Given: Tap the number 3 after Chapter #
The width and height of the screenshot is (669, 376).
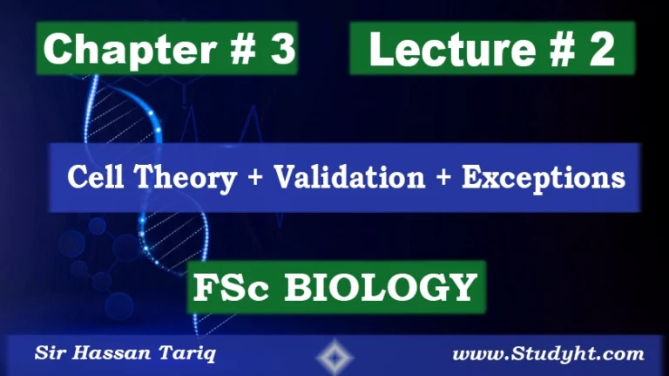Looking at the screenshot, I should (281, 51).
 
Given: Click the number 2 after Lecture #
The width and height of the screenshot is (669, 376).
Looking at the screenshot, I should (600, 51).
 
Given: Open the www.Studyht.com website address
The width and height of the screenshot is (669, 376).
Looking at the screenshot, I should (549, 354).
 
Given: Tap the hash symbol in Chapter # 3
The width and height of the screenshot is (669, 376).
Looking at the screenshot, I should (240, 51).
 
